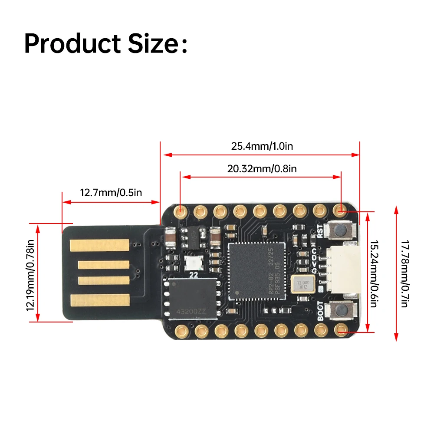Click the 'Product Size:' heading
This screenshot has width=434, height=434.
tap(106, 43)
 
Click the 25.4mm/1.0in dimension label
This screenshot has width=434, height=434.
tap(262, 146)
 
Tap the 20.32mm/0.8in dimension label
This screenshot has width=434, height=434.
tap(262, 168)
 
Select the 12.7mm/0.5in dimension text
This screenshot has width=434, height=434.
tap(111, 192)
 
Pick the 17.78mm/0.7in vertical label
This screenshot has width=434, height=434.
tap(404, 273)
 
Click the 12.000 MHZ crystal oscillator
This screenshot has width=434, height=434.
tap(302, 284)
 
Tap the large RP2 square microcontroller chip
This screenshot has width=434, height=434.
tap(256, 270)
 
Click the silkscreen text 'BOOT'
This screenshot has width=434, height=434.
tap(321, 311)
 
